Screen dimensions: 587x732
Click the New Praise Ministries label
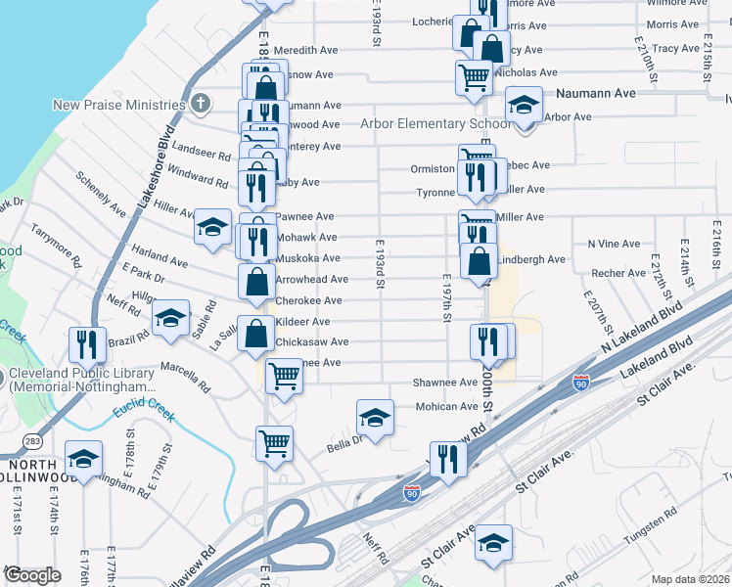(x=118, y=105)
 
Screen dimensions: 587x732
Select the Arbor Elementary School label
(x=435, y=123)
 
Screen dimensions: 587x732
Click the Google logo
(x=31, y=575)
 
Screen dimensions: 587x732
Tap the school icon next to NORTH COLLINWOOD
(x=84, y=460)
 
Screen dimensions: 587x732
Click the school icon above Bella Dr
(x=374, y=418)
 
